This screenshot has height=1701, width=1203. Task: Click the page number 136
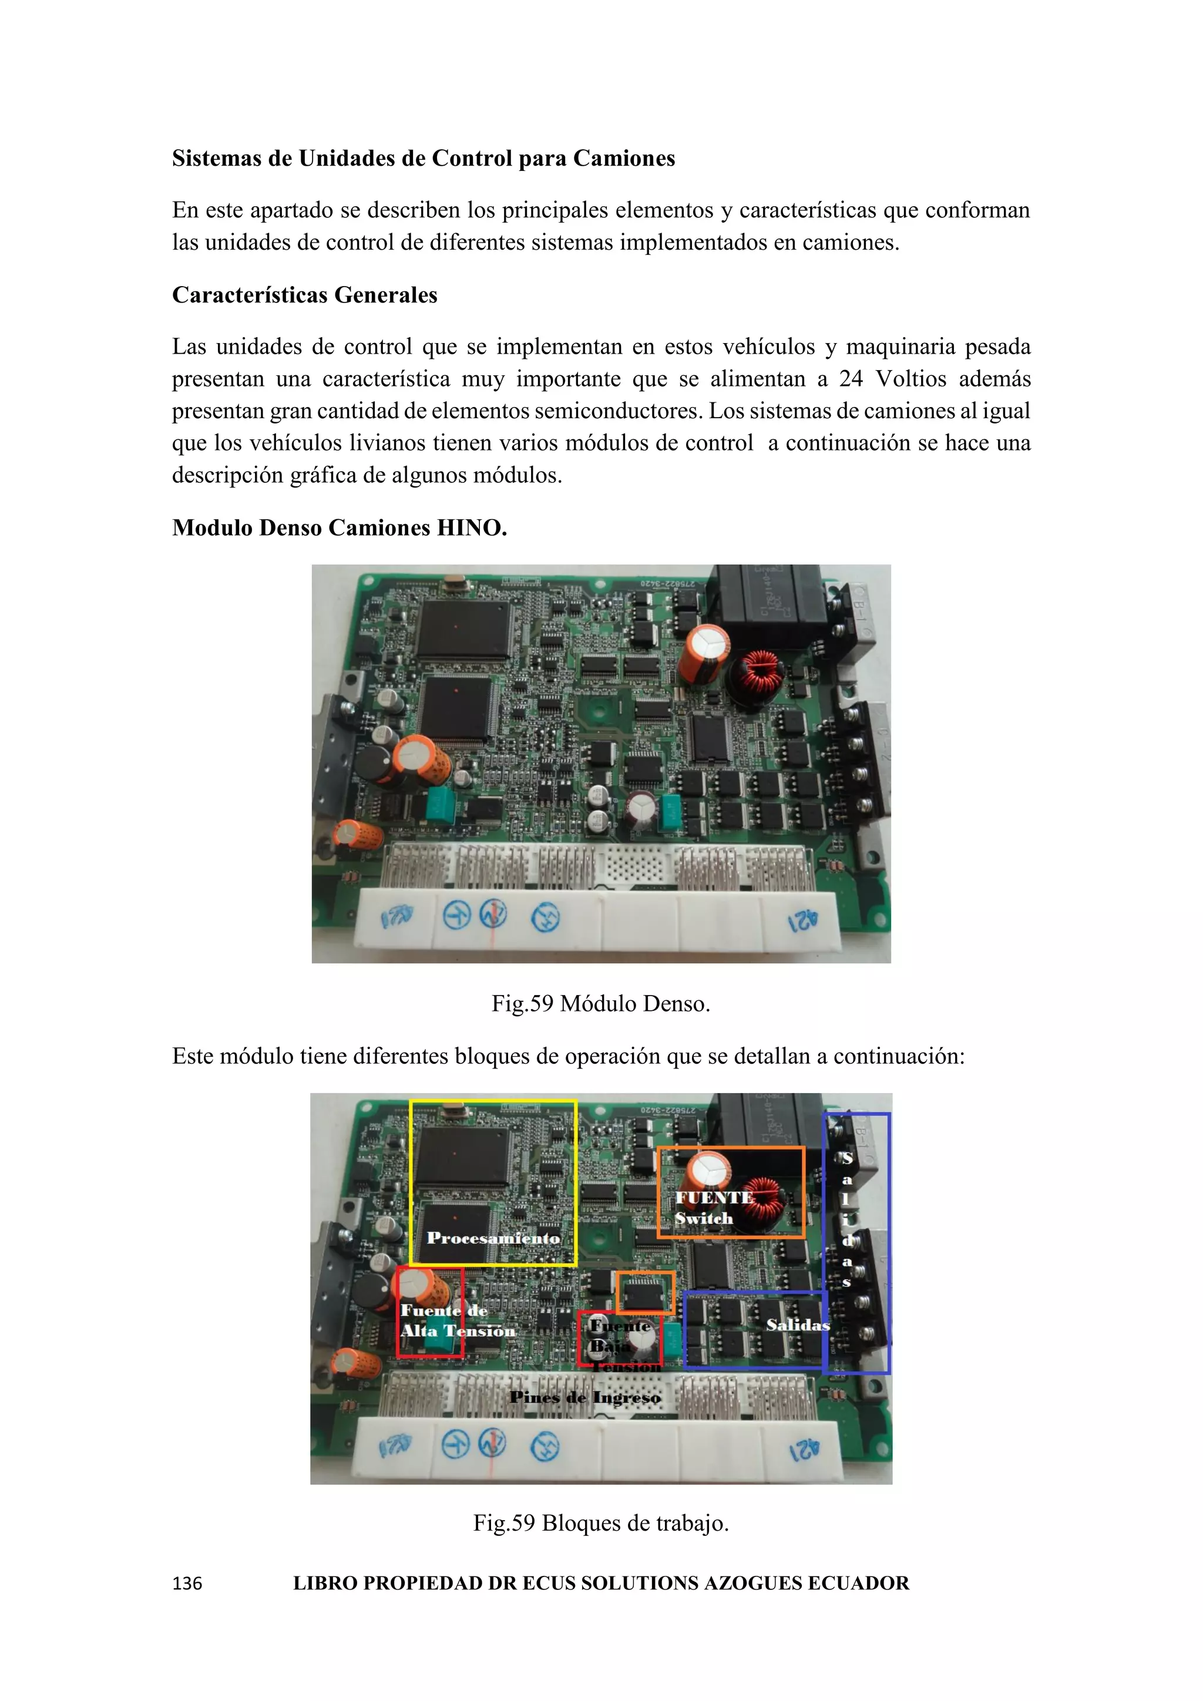pyautogui.click(x=187, y=1583)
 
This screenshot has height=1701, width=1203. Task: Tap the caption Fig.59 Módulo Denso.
pyautogui.click(x=601, y=1004)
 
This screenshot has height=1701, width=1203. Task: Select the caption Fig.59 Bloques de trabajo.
pyautogui.click(x=601, y=1523)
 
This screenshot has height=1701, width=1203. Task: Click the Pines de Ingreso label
pyautogui.click(x=585, y=1398)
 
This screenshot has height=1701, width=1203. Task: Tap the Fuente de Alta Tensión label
pyautogui.click(x=456, y=1321)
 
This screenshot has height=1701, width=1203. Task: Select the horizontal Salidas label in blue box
pyautogui.click(x=797, y=1325)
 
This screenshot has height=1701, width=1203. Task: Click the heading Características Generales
pyautogui.click(x=304, y=295)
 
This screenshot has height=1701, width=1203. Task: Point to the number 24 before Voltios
pyautogui.click(x=851, y=379)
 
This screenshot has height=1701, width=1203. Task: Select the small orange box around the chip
pyautogui.click(x=645, y=1293)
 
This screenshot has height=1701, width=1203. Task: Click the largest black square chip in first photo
pyautogui.click(x=463, y=629)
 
